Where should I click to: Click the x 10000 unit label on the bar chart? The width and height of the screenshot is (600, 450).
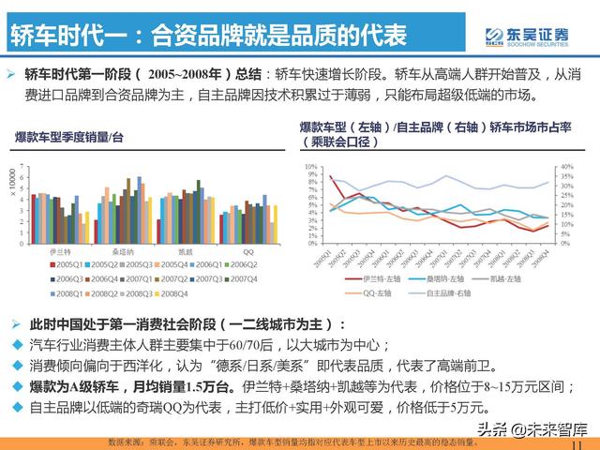click(11, 183)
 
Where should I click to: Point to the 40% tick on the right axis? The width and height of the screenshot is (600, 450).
click(564, 167)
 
